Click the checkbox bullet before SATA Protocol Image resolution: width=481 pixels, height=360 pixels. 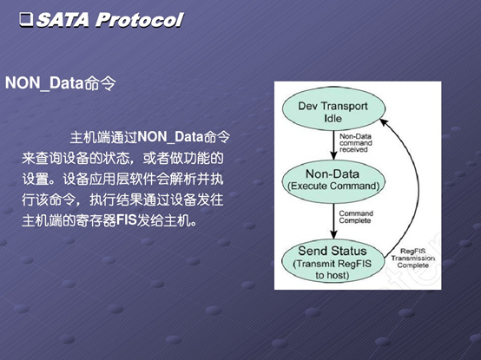pos(26,20)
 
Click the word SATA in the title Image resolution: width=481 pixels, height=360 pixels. pos(63,20)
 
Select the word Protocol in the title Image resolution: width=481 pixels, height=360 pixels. pos(139,20)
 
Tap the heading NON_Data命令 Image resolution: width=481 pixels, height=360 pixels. pos(61,82)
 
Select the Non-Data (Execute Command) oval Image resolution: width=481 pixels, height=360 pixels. pos(333,180)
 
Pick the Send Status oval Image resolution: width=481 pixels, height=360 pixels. pos(333,261)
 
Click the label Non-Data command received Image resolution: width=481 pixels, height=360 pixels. pos(356,143)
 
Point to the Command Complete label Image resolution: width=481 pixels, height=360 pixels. pos(356,217)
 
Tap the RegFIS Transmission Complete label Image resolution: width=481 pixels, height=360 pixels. pos(413,259)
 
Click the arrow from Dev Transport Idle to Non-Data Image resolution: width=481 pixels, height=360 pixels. pos(333,145)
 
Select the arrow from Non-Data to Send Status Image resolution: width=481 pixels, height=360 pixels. pos(333,220)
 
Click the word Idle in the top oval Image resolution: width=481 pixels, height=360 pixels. pos(333,119)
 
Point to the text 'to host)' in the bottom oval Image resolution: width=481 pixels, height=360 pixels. pos(333,275)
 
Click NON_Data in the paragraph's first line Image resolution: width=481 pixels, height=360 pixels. pos(170,137)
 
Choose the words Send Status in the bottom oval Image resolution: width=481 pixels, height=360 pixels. pos(333,251)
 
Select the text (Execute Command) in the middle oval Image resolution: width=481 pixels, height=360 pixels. pos(333,186)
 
